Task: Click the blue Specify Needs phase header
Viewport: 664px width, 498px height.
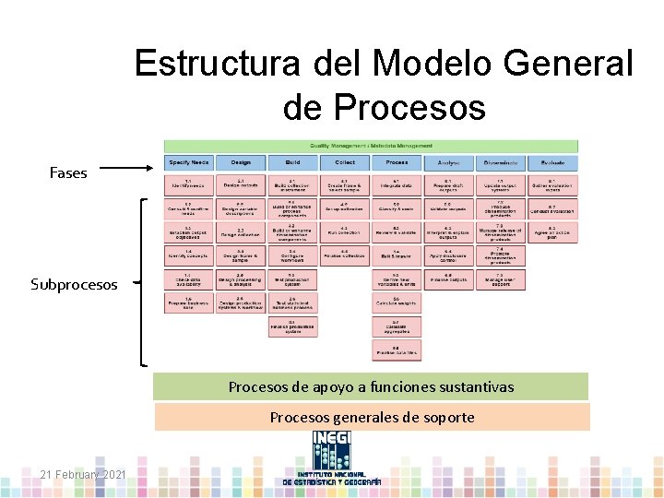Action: point(188,162)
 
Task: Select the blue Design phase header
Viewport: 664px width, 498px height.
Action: point(240,162)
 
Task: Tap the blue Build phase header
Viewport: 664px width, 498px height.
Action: point(292,162)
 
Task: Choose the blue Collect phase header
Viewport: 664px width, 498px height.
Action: point(344,162)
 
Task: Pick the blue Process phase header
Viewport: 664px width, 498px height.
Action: point(397,162)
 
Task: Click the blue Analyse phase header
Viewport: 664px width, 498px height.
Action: point(448,162)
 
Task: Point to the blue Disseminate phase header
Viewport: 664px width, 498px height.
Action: point(501,162)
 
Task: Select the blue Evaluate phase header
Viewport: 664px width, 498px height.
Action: point(552,162)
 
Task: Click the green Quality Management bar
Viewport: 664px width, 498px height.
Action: point(371,146)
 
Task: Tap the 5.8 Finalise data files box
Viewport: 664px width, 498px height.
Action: point(397,350)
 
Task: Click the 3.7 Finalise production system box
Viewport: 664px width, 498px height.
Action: point(292,326)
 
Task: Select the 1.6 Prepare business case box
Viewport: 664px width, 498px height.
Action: point(188,303)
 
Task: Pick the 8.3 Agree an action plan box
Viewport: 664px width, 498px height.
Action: point(552,232)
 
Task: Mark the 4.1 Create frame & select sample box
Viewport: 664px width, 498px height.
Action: point(344,184)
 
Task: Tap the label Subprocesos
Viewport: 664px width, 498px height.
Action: point(74,284)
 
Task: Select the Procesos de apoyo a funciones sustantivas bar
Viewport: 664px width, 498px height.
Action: point(371,386)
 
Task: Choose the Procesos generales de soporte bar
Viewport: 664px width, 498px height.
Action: point(371,417)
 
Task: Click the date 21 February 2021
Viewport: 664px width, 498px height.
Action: point(83,474)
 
